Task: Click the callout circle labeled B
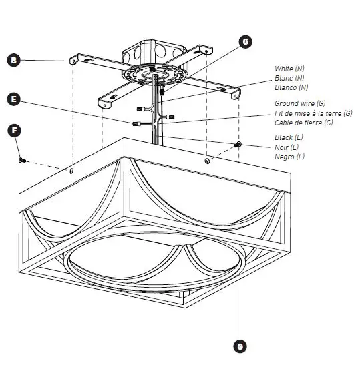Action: pyautogui.click(x=14, y=61)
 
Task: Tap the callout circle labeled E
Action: pyautogui.click(x=14, y=99)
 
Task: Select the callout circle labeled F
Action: pyautogui.click(x=14, y=129)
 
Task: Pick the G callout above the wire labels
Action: pyautogui.click(x=246, y=42)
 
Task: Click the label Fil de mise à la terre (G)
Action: pyautogui.click(x=313, y=113)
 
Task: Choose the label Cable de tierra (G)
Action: pyautogui.click(x=304, y=123)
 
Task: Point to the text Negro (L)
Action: pyautogui.click(x=290, y=156)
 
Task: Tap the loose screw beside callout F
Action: pyautogui.click(x=21, y=159)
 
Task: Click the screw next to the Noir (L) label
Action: pyautogui.click(x=238, y=145)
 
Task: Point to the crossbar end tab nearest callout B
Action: pyautogui.click(x=73, y=61)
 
